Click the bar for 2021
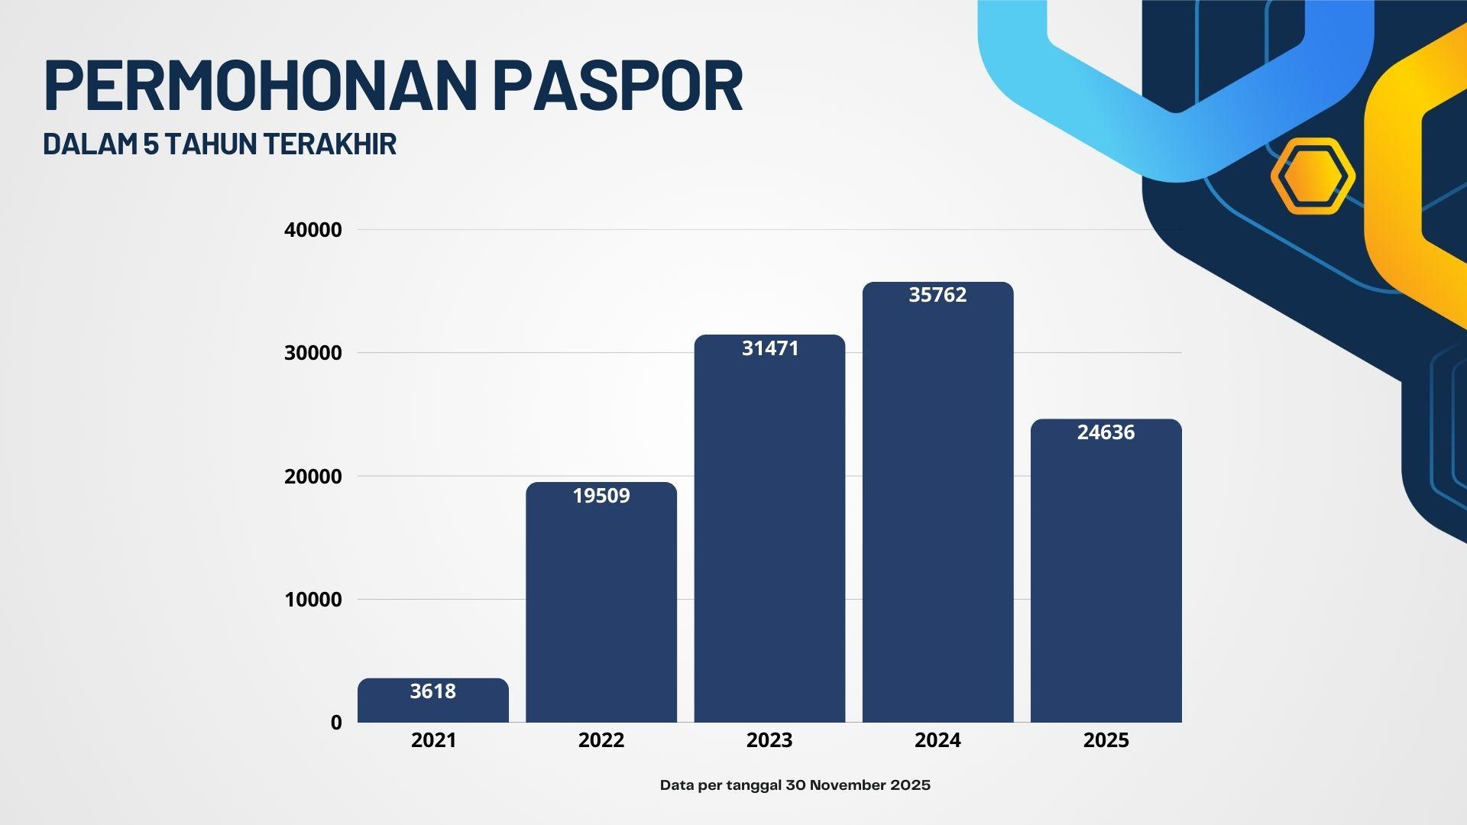[433, 700]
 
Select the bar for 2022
[601, 602]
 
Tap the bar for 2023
[769, 529]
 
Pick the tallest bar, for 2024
[938, 502]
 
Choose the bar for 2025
[1106, 571]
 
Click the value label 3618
[433, 691]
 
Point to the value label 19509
[601, 496]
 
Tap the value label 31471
[770, 348]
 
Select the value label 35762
[938, 295]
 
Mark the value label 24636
[1106, 432]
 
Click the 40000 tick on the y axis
[313, 230]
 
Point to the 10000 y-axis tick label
[313, 600]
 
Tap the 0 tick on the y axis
[336, 723]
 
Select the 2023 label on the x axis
[769, 740]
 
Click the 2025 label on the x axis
[1106, 740]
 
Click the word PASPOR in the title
[618, 85]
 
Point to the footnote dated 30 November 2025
[795, 785]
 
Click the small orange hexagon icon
[1313, 176]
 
